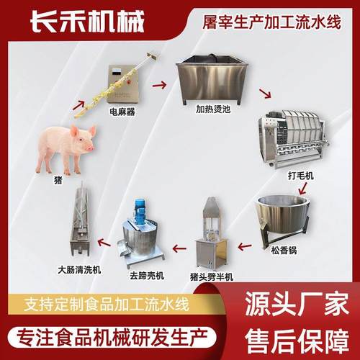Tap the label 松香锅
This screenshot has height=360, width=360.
[x=286, y=251]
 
